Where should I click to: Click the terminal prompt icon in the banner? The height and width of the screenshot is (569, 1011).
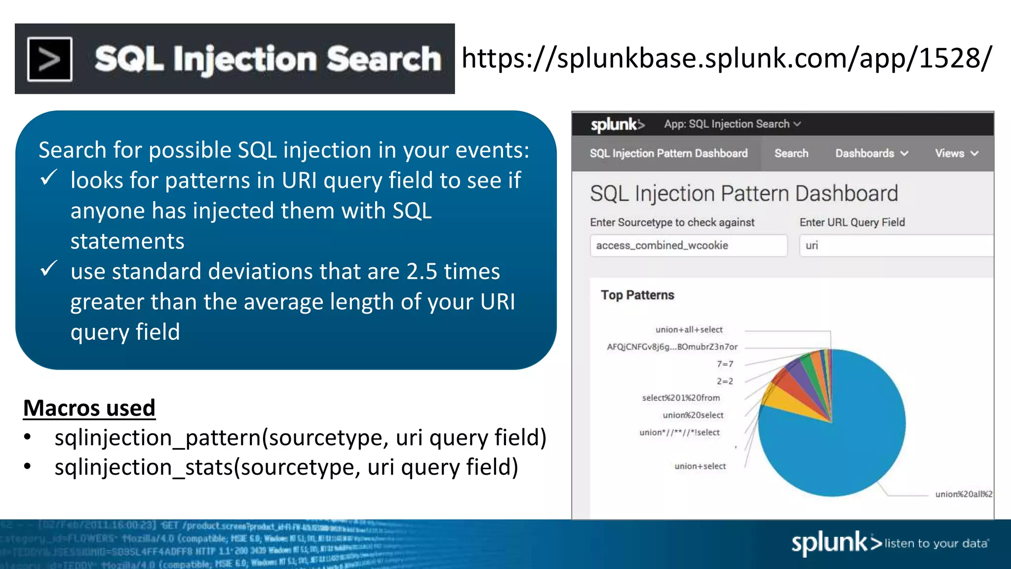pyautogui.click(x=49, y=59)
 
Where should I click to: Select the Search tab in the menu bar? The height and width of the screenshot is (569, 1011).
pyautogui.click(x=791, y=154)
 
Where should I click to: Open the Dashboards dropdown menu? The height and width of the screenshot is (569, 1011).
pyautogui.click(x=871, y=154)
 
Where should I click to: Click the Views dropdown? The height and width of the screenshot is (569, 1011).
pyautogui.click(x=956, y=154)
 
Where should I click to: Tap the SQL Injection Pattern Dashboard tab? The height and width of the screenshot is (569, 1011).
pyautogui.click(x=668, y=154)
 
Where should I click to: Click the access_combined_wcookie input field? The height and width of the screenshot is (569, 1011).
pyautogui.click(x=688, y=245)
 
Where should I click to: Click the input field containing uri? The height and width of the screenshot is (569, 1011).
pyautogui.click(x=895, y=245)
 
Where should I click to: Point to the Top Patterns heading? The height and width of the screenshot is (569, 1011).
pyautogui.click(x=637, y=295)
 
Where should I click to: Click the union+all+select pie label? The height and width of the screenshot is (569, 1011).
pyautogui.click(x=689, y=329)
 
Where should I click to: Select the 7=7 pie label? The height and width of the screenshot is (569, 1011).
pyautogui.click(x=725, y=364)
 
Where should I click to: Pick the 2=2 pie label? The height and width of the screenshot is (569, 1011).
pyautogui.click(x=725, y=381)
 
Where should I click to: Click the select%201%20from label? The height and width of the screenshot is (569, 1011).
pyautogui.click(x=681, y=398)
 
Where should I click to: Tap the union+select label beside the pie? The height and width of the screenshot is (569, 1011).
pyautogui.click(x=700, y=466)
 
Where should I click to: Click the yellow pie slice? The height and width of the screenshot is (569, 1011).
pyautogui.click(x=790, y=403)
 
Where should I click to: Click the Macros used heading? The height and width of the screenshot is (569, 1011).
pyautogui.click(x=89, y=408)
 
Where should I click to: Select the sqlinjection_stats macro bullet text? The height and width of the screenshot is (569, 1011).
pyautogui.click(x=286, y=467)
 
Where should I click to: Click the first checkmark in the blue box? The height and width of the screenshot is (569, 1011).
pyautogui.click(x=49, y=178)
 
